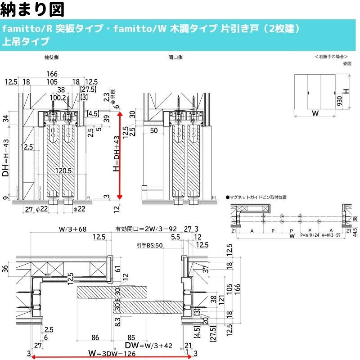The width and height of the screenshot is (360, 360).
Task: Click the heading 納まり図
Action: tap(32, 9)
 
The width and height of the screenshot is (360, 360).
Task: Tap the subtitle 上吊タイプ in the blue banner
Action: tap(26, 42)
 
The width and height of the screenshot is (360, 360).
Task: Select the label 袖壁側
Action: tap(51, 58)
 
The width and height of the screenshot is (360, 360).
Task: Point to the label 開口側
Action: tap(175, 58)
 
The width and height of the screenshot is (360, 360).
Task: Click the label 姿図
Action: tap(346, 63)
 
